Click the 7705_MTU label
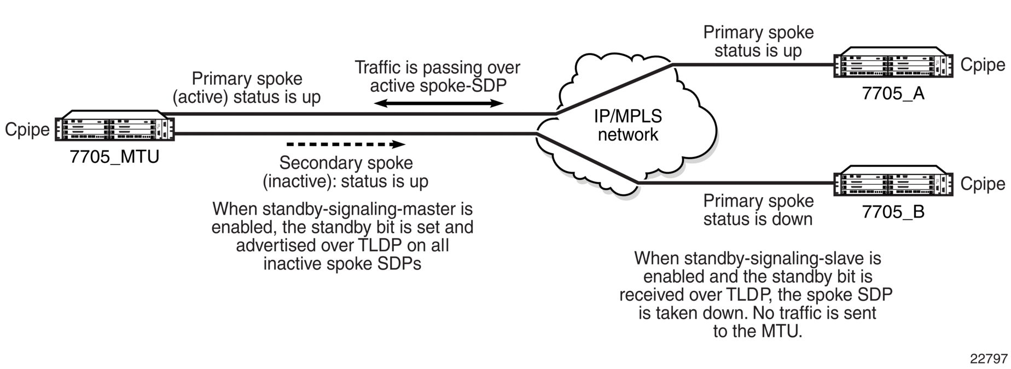tap(114, 157)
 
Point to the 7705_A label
tap(893, 93)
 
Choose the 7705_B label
tap(893, 212)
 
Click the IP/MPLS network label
tap(628, 125)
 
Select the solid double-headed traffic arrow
tap(438, 103)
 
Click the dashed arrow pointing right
tap(346, 145)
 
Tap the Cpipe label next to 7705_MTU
tap(27, 130)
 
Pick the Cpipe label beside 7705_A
tap(983, 65)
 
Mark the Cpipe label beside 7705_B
tap(983, 184)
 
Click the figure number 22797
tap(989, 359)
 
